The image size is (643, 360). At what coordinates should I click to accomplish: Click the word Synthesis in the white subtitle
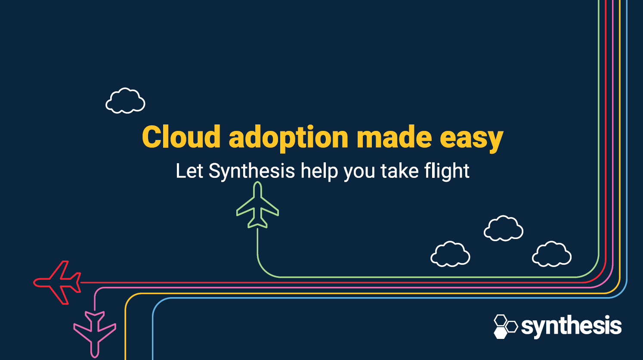tap(252, 171)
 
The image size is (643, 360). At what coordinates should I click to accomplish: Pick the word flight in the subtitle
tap(447, 171)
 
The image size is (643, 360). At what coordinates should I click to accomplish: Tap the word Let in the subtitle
tap(189, 171)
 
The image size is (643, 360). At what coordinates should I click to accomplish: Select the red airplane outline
tap(58, 282)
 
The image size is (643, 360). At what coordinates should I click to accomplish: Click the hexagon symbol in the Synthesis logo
tap(505, 326)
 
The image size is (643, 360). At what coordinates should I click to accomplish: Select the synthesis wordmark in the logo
tap(571, 326)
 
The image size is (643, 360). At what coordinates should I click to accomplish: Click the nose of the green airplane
tap(257, 184)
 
